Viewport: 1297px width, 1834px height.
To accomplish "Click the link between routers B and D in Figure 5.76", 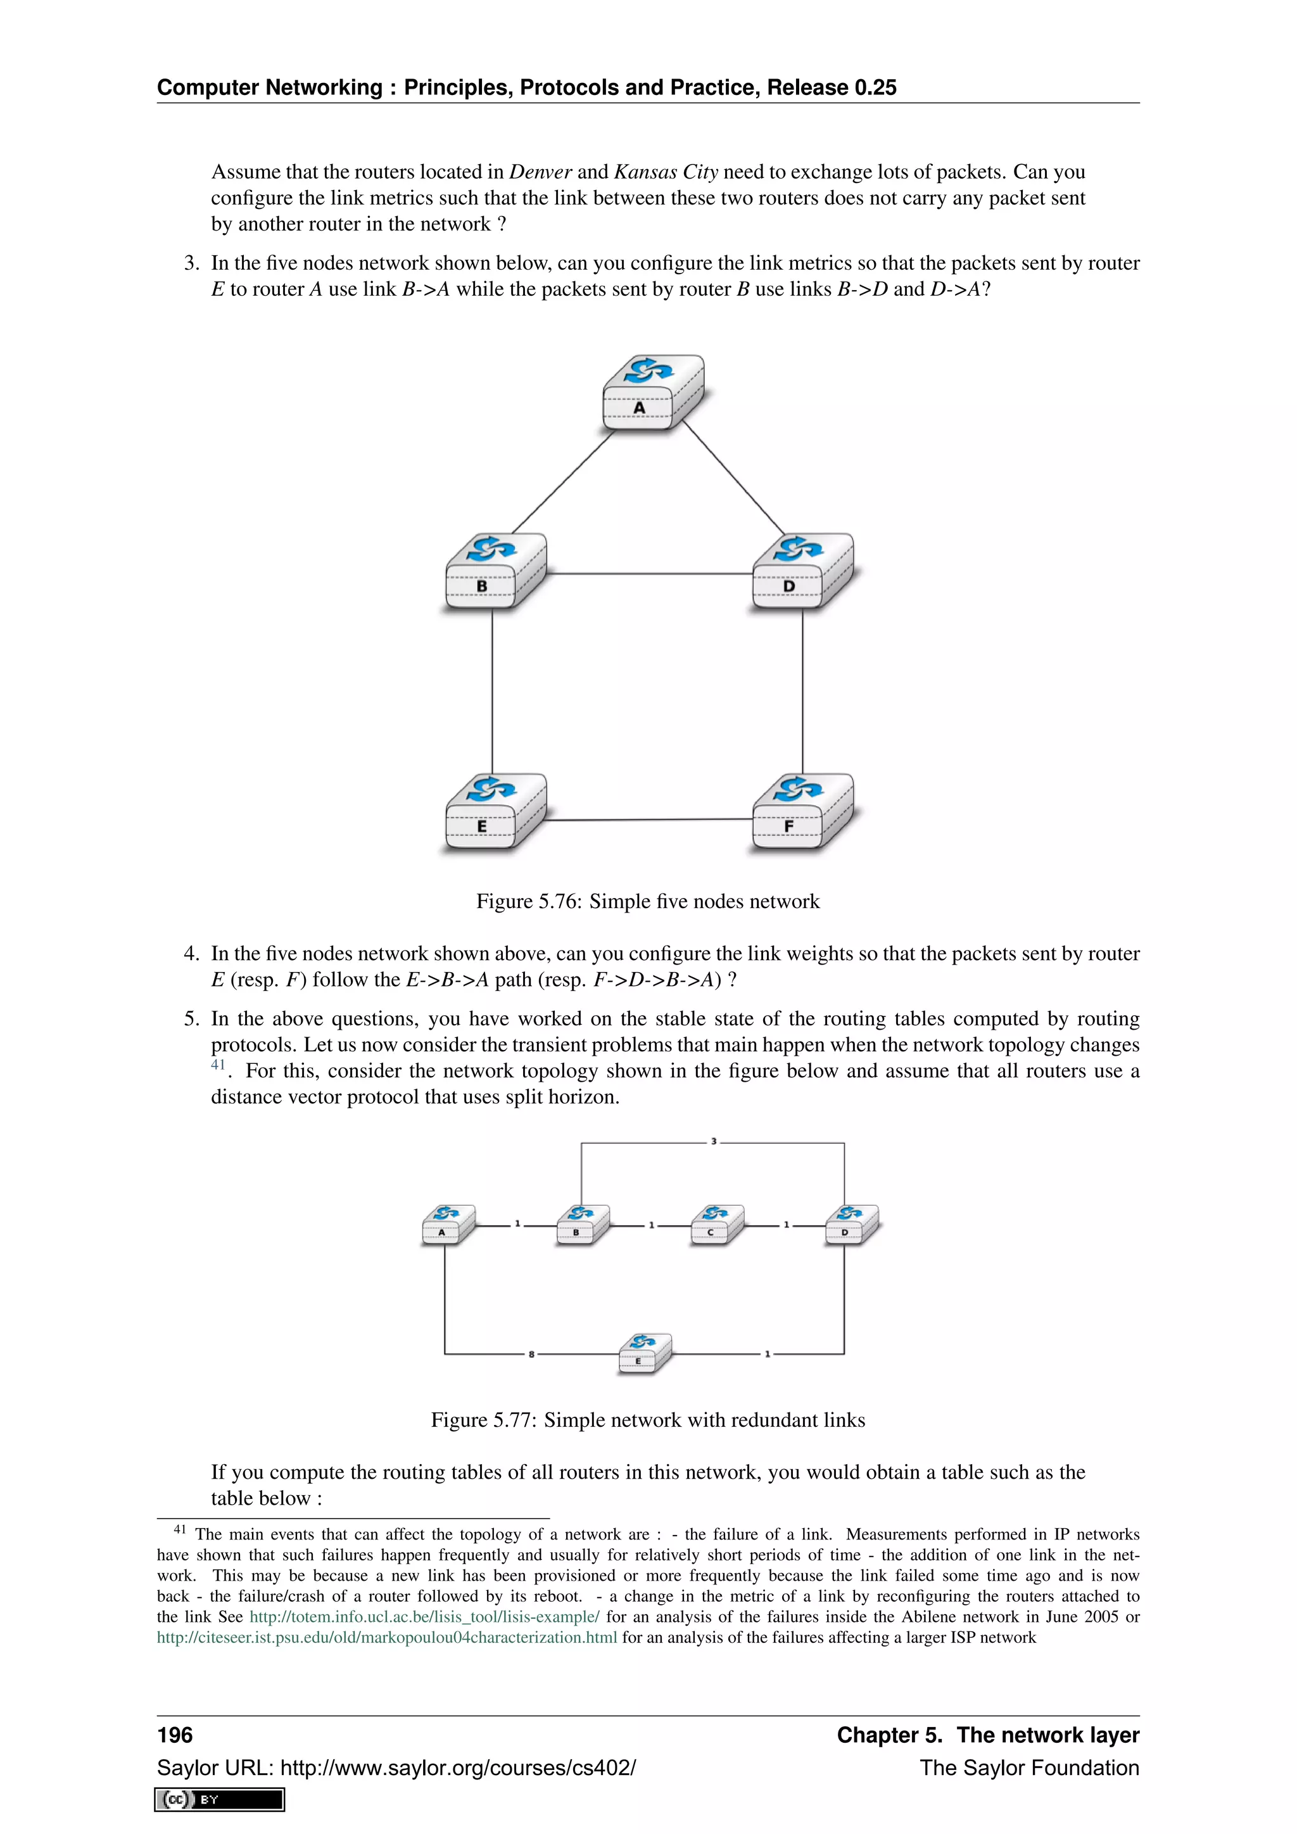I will pos(649,574).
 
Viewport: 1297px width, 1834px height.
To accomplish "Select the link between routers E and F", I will pos(649,819).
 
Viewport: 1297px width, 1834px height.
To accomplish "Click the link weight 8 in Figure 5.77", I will pos(531,1355).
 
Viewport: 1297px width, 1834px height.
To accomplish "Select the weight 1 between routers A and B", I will pos(517,1224).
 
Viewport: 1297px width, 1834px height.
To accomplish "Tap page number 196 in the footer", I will pos(175,1735).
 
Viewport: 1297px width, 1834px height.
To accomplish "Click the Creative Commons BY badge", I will pos(220,1800).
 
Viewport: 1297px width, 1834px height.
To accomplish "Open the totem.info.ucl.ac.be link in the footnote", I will pos(424,1617).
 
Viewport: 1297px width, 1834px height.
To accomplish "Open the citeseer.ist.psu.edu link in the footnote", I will pos(386,1638).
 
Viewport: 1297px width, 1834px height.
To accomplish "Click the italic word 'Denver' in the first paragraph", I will pos(540,172).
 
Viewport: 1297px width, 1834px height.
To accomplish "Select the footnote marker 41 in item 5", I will pos(218,1065).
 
